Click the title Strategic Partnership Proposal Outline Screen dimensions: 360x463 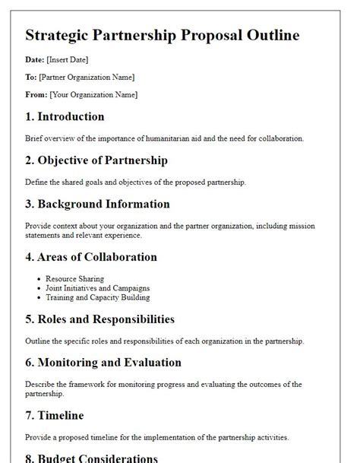162,35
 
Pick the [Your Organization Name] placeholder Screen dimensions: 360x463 93,95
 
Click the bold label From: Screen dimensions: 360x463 36,95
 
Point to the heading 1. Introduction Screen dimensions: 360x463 65,117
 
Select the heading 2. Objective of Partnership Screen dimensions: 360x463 96,160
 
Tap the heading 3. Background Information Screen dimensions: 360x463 97,204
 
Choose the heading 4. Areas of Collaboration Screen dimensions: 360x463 91,257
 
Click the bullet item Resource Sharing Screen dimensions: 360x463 74,279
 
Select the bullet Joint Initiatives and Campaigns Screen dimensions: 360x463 97,288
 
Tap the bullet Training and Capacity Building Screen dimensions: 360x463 98,298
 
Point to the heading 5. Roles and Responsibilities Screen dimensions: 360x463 99,319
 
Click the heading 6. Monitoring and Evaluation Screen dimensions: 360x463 103,363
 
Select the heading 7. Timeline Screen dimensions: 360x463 55,416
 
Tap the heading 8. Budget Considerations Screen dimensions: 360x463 92,458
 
